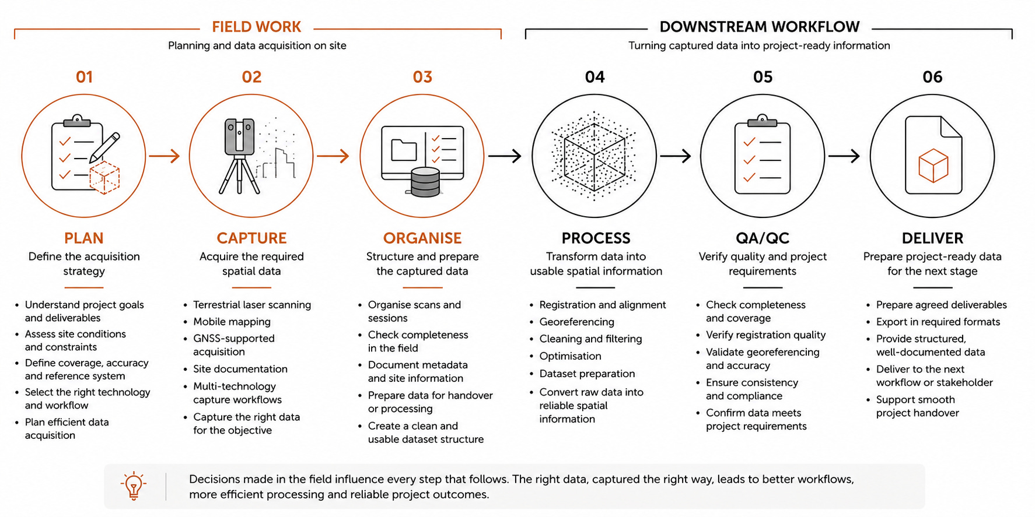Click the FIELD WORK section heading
click(256, 27)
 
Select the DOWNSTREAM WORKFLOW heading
click(759, 27)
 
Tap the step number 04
click(595, 77)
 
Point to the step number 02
click(251, 77)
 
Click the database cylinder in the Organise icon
click(425, 182)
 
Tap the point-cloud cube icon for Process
click(594, 156)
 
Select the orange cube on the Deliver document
click(933, 166)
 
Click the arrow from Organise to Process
click(504, 156)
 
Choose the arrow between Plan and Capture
click(164, 156)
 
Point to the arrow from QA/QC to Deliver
click(844, 156)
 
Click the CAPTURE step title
click(251, 238)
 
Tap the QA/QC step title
click(762, 238)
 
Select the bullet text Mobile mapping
click(232, 322)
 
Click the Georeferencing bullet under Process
click(576, 322)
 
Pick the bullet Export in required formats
click(938, 322)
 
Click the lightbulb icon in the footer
click(134, 486)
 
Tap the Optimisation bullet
click(570, 356)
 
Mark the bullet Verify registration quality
click(765, 335)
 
